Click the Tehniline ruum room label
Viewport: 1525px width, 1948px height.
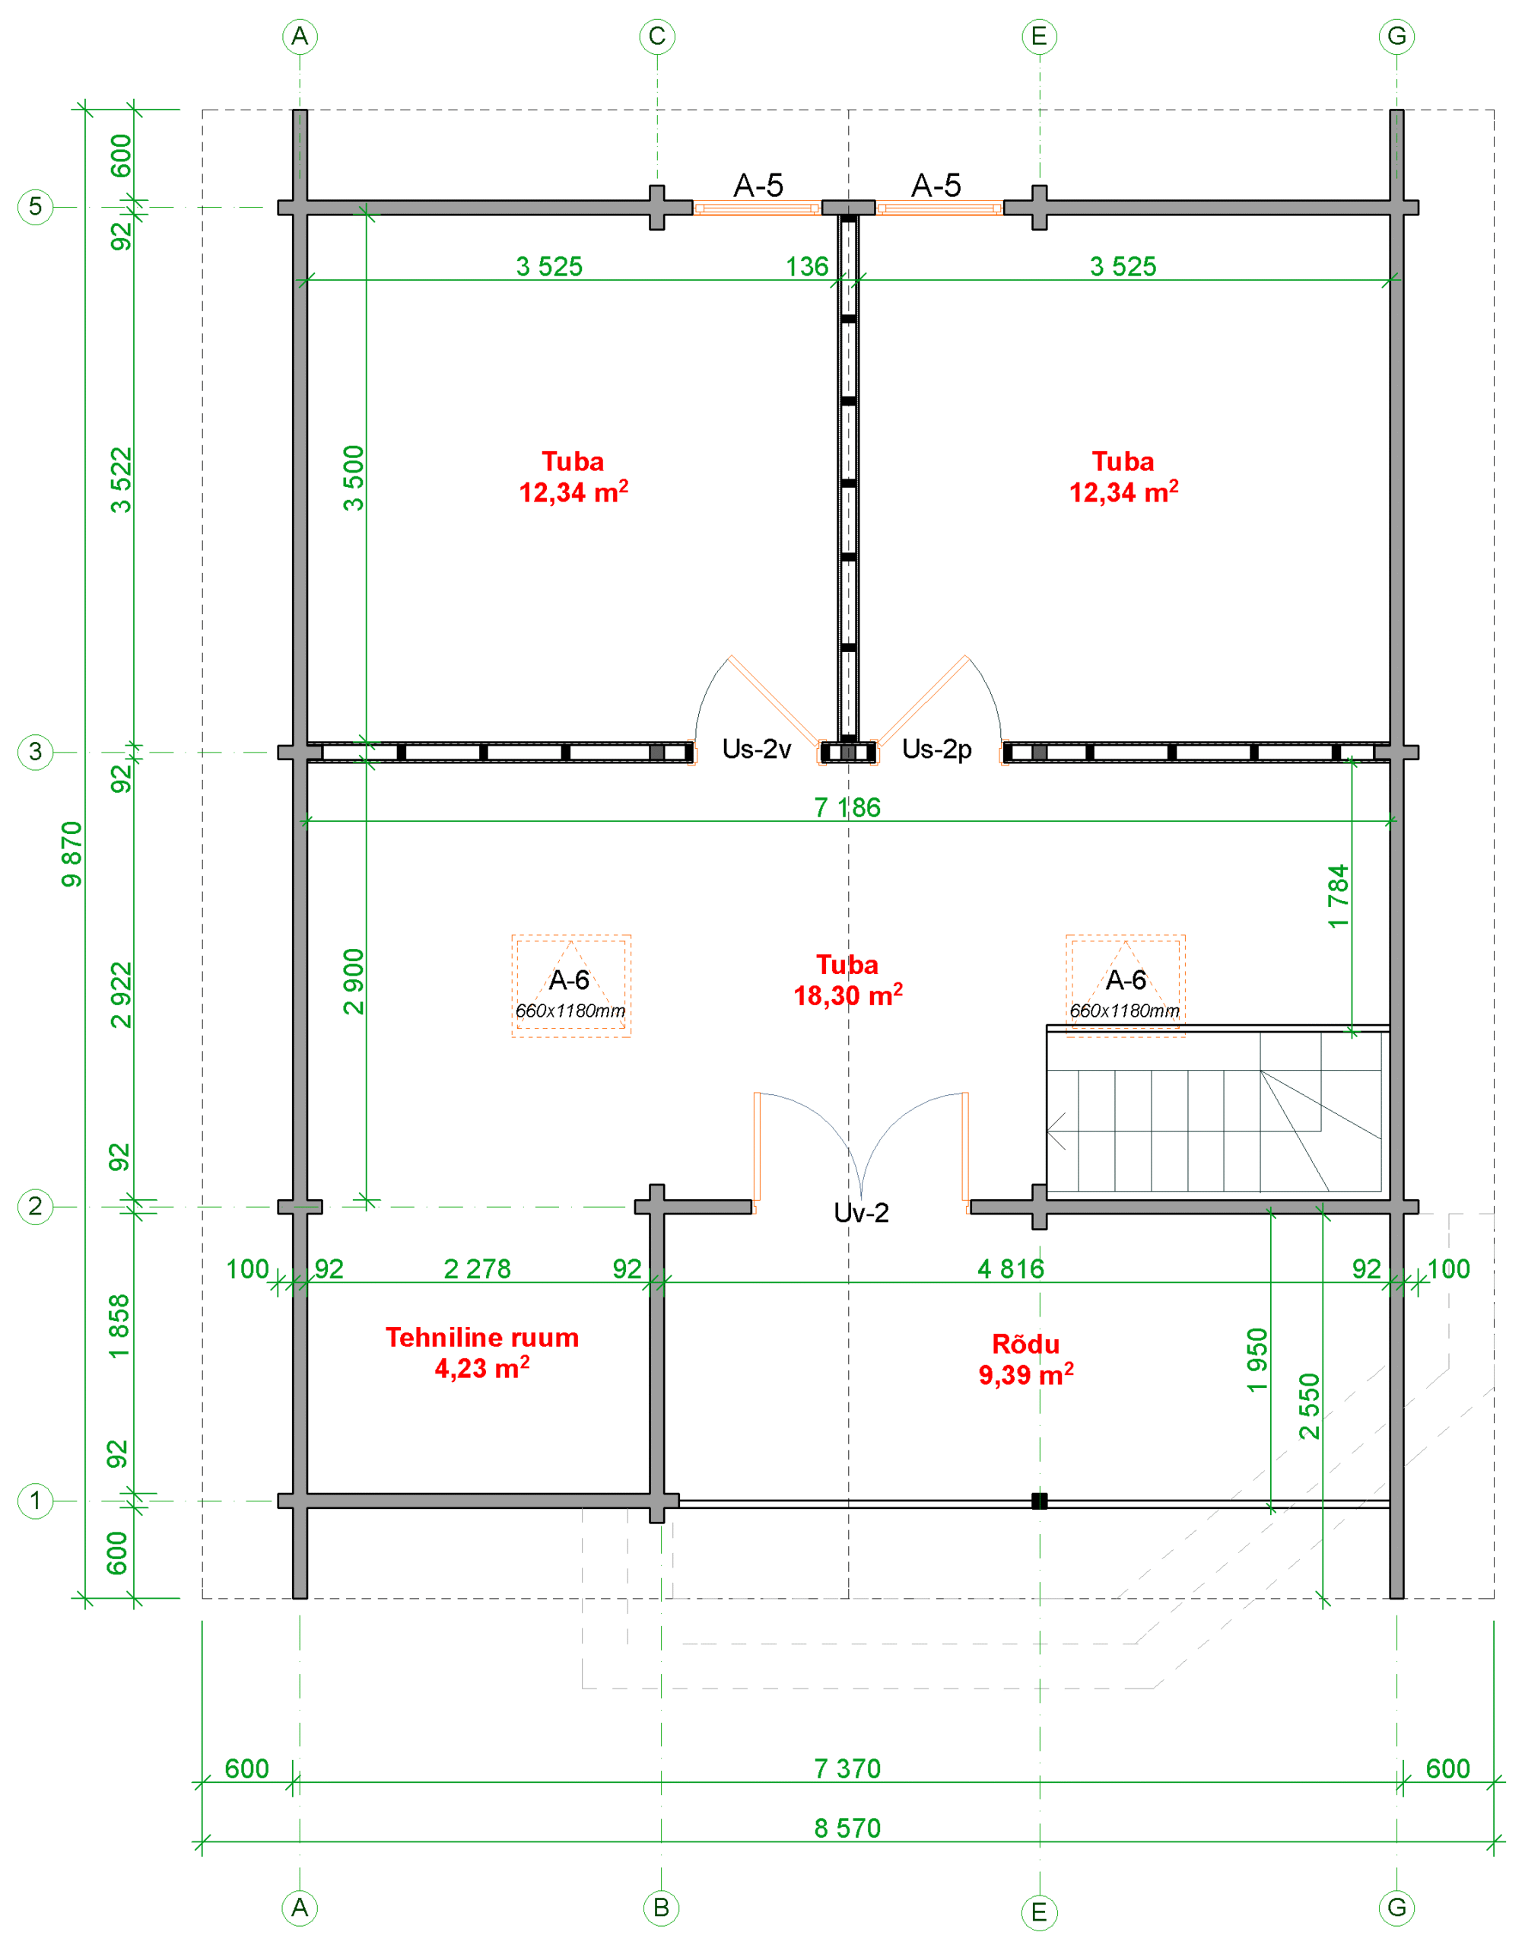pyautogui.click(x=482, y=1352)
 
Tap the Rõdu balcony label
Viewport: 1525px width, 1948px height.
pyautogui.click(x=1026, y=1359)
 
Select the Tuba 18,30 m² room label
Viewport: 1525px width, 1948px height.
pyautogui.click(x=847, y=980)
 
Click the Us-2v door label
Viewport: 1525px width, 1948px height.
pyautogui.click(x=756, y=749)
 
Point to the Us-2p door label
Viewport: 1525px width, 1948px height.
pyautogui.click(x=936, y=749)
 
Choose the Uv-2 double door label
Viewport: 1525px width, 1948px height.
pyautogui.click(x=861, y=1212)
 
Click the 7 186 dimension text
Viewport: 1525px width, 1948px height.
pyautogui.click(x=847, y=807)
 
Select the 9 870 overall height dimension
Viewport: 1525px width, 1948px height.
pyautogui.click(x=71, y=854)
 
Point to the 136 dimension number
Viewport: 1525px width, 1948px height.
pyautogui.click(x=807, y=266)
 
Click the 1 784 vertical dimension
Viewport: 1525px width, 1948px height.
pyautogui.click(x=1337, y=896)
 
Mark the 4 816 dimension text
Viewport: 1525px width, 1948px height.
pyautogui.click(x=1011, y=1268)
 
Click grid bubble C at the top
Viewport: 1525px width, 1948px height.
pyautogui.click(x=657, y=37)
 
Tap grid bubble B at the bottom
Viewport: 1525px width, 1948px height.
pyautogui.click(x=661, y=1908)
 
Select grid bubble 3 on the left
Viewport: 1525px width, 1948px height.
pyautogui.click(x=36, y=751)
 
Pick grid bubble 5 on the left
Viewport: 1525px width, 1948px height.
pyautogui.click(x=36, y=206)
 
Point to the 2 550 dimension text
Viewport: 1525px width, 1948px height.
pyautogui.click(x=1309, y=1406)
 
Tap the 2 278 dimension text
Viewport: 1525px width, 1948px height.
pyautogui.click(x=478, y=1268)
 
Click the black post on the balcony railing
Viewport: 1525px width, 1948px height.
pyautogui.click(x=1039, y=1501)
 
